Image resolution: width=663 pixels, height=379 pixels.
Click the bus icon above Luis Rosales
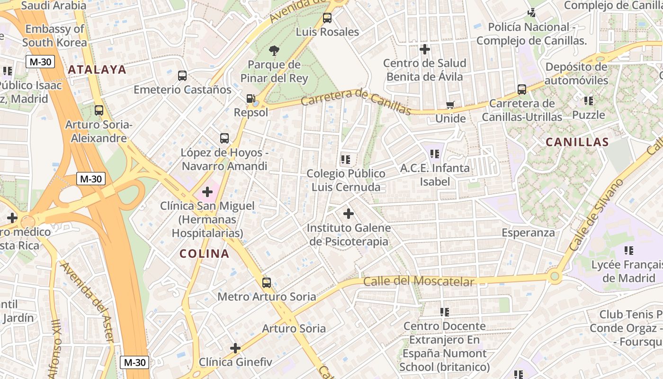[x=327, y=18]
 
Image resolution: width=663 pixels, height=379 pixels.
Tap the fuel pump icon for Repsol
[x=251, y=99]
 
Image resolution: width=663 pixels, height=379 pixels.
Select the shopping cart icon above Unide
[x=450, y=105]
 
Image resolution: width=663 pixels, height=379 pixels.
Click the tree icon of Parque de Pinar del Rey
[x=274, y=51]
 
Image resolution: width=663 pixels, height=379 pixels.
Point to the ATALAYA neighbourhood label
[x=97, y=70]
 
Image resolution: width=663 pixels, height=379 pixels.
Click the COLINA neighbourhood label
[x=204, y=253]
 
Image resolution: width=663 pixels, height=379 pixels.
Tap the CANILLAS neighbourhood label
[x=577, y=142]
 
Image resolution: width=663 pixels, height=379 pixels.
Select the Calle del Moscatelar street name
[x=418, y=281]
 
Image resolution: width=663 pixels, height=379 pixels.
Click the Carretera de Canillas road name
[x=356, y=102]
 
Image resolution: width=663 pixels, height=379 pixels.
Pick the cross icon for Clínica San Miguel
[x=207, y=192]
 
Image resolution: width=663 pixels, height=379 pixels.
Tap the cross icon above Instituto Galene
[x=349, y=214]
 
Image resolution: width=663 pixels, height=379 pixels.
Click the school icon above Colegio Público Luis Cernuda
[x=345, y=160]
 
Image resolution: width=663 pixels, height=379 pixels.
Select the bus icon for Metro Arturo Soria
[x=267, y=283]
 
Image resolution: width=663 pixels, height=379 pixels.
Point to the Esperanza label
[x=528, y=233]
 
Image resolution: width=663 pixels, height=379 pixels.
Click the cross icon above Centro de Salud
[x=425, y=49]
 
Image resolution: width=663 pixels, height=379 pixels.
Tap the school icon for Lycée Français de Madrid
[x=628, y=251]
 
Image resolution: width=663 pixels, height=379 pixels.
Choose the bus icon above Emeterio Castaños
[x=182, y=76]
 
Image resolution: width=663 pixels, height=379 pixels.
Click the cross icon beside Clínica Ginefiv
[x=235, y=348]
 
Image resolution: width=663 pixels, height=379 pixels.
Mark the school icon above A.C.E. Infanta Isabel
[x=435, y=154]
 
